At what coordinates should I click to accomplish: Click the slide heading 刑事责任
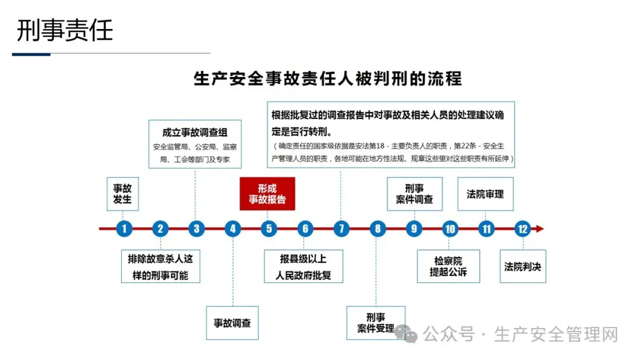click(x=64, y=30)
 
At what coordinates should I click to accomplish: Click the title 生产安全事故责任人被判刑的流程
click(x=328, y=79)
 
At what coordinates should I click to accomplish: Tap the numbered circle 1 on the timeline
click(x=124, y=229)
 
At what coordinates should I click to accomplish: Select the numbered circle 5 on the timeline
click(x=269, y=229)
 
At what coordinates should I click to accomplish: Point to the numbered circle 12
click(x=522, y=229)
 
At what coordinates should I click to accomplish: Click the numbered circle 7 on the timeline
click(x=341, y=229)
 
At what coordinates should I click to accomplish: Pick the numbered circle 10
click(x=450, y=229)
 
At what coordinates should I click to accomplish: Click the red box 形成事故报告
click(x=267, y=194)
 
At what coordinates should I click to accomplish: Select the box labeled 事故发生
click(x=122, y=194)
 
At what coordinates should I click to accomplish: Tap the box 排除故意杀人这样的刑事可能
click(x=160, y=266)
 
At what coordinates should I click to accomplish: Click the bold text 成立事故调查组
click(x=195, y=133)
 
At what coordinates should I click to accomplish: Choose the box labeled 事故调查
click(x=232, y=323)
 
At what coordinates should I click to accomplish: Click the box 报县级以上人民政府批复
click(x=304, y=266)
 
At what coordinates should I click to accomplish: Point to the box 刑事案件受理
click(x=375, y=323)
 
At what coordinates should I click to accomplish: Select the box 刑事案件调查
click(x=414, y=194)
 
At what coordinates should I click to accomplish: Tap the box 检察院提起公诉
click(x=448, y=266)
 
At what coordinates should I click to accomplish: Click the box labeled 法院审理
click(x=485, y=194)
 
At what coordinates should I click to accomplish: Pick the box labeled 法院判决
click(x=522, y=266)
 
